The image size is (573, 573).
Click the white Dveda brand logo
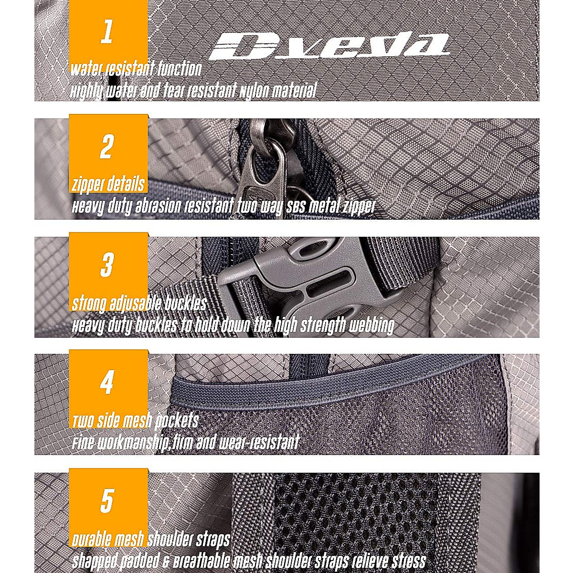pos(329,46)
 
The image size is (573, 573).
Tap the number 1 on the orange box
pos(107,32)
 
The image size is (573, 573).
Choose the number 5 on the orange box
pos(106,499)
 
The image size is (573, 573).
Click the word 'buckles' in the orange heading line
pos(186,304)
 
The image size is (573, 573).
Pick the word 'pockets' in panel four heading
pos(176,421)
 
